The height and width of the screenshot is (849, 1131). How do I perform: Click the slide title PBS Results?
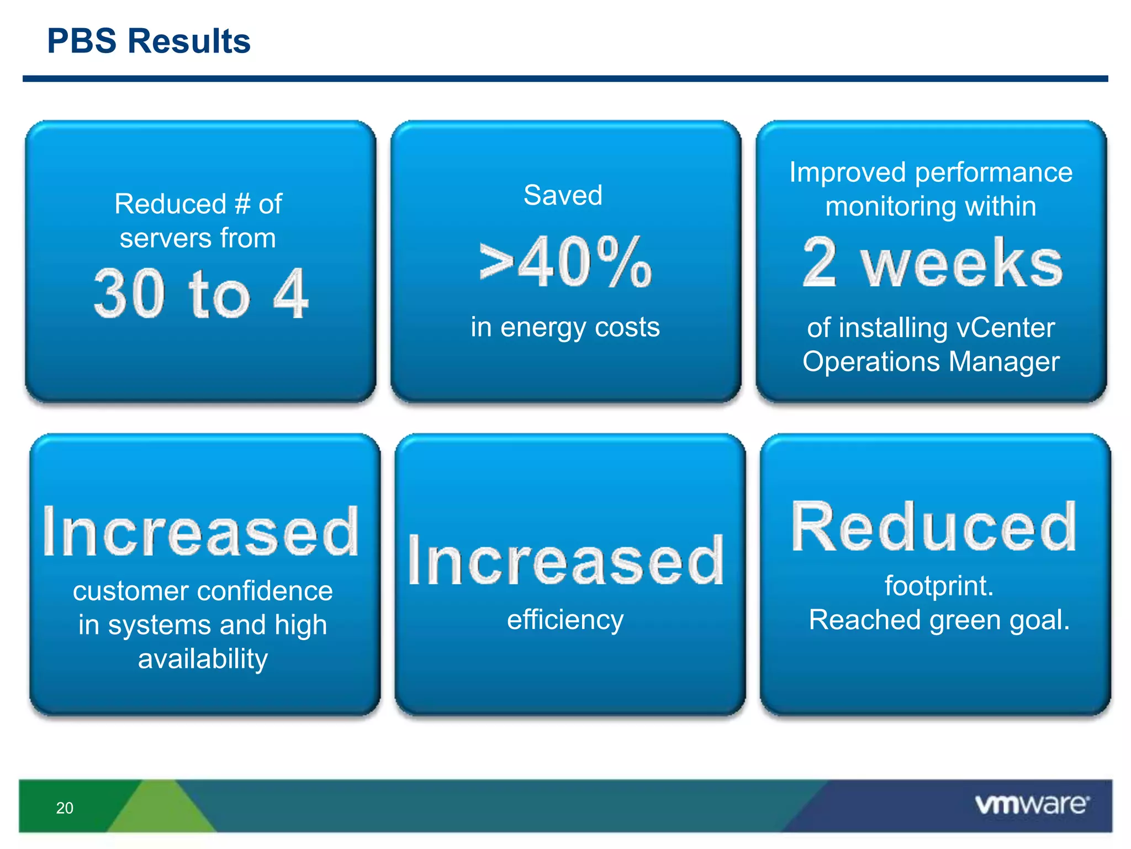click(149, 41)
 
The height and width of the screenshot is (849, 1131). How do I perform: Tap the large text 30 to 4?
click(200, 294)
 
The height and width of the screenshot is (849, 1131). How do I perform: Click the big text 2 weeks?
click(932, 263)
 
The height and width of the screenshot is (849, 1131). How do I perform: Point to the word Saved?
click(563, 195)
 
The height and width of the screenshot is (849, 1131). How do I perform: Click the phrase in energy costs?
click(565, 327)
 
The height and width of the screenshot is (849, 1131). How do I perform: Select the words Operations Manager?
click(931, 362)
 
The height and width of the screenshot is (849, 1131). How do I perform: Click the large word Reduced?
click(933, 527)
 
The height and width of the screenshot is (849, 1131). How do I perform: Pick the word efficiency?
click(565, 620)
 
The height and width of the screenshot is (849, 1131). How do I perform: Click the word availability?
click(203, 659)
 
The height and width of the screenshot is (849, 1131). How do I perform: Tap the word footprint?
click(938, 586)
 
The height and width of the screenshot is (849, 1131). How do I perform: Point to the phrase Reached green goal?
click(939, 620)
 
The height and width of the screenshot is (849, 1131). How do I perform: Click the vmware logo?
click(1032, 805)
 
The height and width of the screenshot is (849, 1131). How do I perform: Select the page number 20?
click(65, 808)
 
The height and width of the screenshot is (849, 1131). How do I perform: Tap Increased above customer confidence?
click(201, 532)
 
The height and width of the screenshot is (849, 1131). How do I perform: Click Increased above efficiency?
click(565, 560)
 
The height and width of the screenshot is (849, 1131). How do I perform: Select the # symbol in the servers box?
click(242, 204)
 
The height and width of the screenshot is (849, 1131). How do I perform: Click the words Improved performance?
click(931, 172)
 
